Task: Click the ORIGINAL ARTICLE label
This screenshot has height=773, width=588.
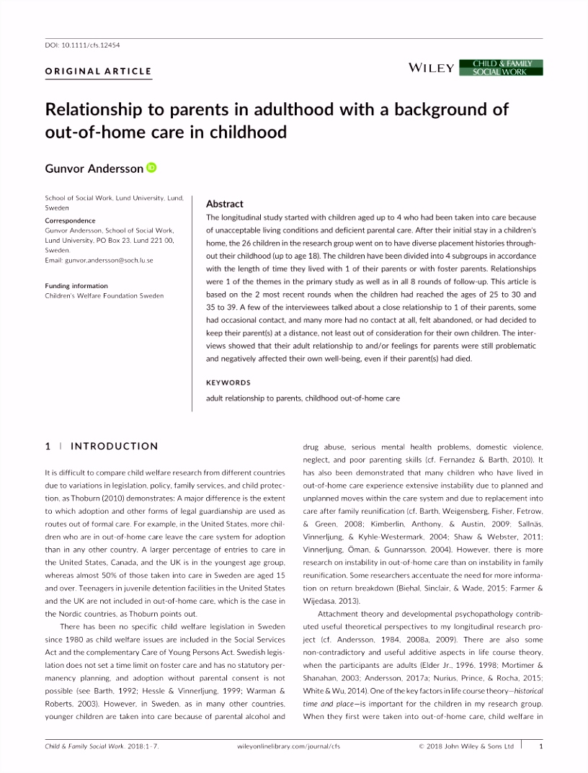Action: click(x=99, y=71)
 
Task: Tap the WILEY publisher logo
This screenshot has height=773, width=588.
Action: click(x=431, y=68)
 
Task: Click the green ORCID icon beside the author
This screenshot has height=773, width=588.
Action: click(x=151, y=168)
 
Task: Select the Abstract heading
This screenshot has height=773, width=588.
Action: click(x=225, y=204)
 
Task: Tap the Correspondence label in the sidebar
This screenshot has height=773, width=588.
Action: click(x=70, y=220)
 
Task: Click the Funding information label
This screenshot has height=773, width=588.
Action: click(x=76, y=286)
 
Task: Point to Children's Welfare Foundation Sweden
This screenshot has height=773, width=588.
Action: click(x=104, y=295)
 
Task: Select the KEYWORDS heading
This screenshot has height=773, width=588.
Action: click(x=228, y=383)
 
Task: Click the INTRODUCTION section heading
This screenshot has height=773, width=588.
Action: click(x=115, y=446)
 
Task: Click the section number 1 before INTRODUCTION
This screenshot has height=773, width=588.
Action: click(x=48, y=446)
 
